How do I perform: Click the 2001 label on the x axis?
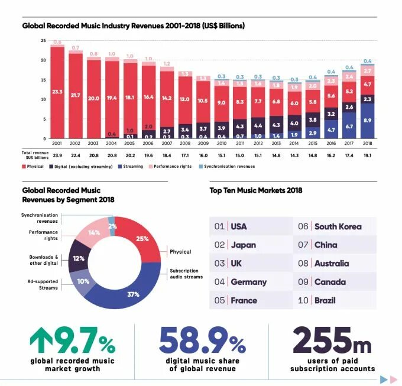pyautogui.click(x=57, y=143)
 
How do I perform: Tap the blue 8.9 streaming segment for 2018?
pyautogui.click(x=367, y=120)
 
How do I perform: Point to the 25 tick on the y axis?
pyautogui.click(x=43, y=40)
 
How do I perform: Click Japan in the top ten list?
pyautogui.click(x=243, y=245)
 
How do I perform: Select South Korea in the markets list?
pyautogui.click(x=338, y=226)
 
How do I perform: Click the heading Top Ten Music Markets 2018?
pyautogui.click(x=255, y=190)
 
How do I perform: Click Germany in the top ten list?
pyautogui.click(x=248, y=282)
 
